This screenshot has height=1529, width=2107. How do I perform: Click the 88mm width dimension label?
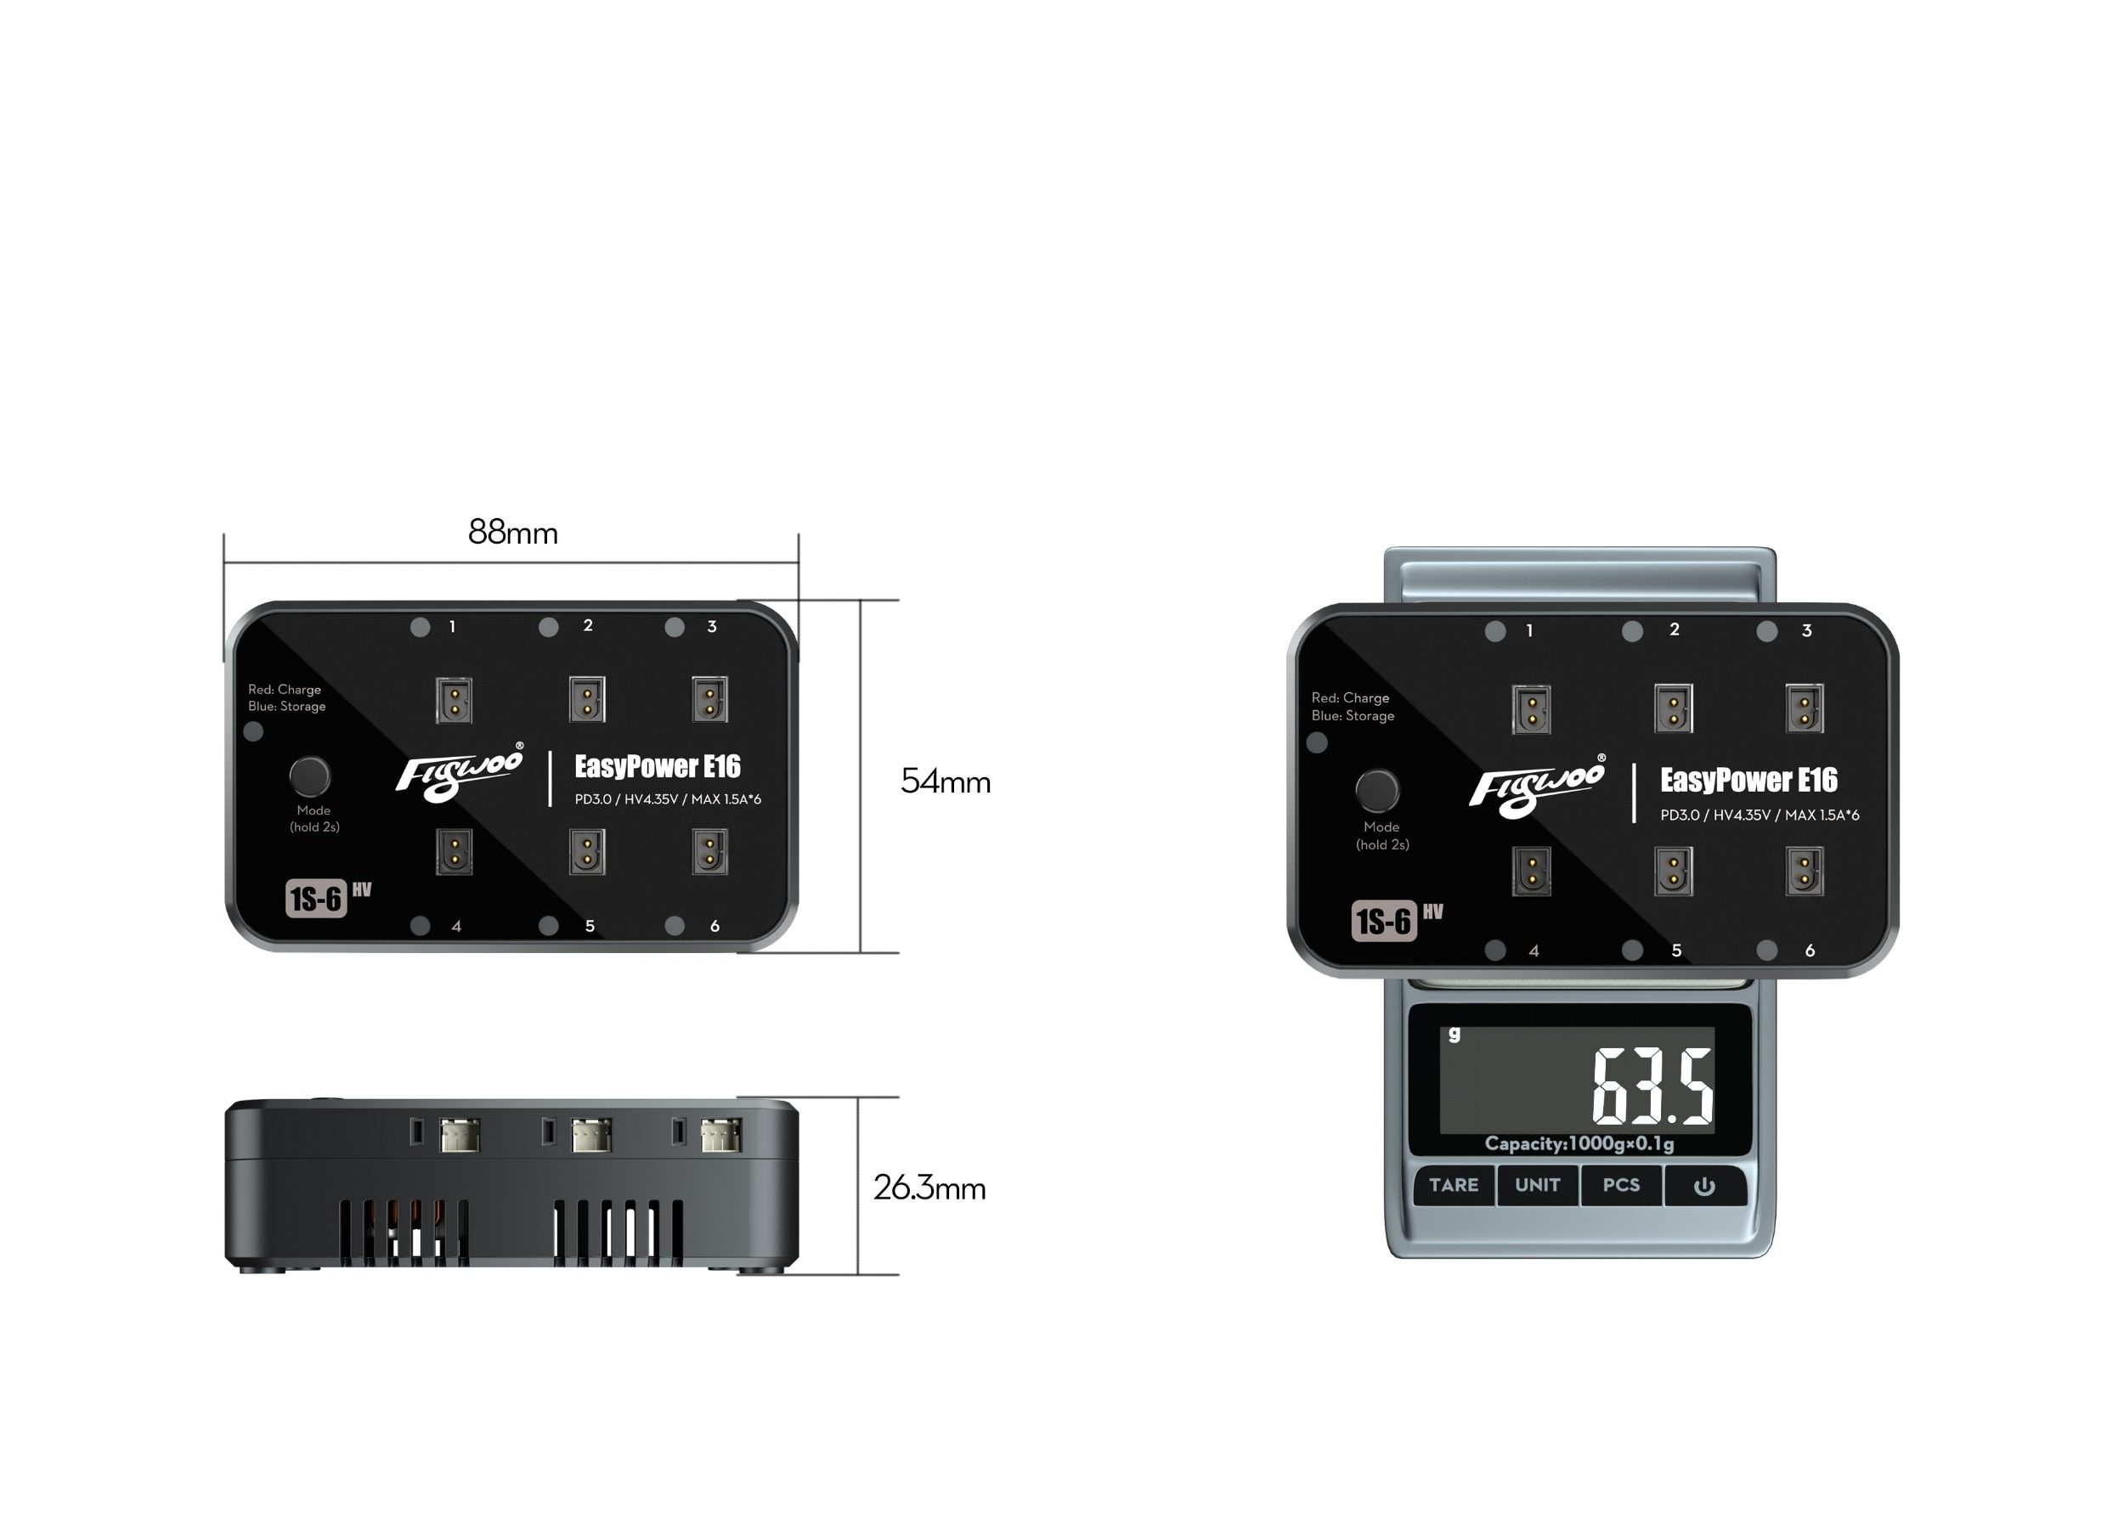click(x=513, y=533)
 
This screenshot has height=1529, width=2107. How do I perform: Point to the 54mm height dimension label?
click(x=945, y=781)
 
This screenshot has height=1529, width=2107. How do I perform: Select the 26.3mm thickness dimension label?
click(x=929, y=1188)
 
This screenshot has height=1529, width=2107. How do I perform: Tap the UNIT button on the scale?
click(x=1537, y=1184)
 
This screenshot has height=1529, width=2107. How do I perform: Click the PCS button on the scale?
click(x=1621, y=1184)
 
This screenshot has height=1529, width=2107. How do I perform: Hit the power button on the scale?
click(x=1703, y=1186)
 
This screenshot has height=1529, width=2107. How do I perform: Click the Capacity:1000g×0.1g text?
click(x=1579, y=1143)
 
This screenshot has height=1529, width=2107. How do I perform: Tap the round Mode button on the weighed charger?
click(x=1377, y=790)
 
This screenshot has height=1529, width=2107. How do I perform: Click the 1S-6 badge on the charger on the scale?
click(x=1383, y=921)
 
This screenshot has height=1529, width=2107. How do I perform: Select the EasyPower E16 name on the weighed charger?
click(x=1748, y=781)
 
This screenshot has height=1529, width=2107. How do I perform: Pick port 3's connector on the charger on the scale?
click(x=1805, y=708)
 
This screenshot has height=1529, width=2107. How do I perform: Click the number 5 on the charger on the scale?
click(x=1676, y=951)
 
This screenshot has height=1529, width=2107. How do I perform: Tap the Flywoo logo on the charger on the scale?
click(x=1537, y=786)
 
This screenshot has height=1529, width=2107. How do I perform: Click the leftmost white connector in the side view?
click(x=459, y=1134)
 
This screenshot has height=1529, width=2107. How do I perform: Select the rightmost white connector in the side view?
click(x=721, y=1134)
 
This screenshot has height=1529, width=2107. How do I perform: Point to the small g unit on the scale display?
click(x=1454, y=1034)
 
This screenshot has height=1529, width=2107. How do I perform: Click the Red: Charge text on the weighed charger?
click(x=1350, y=697)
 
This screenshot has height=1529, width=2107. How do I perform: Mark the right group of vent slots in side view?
click(x=619, y=1233)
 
